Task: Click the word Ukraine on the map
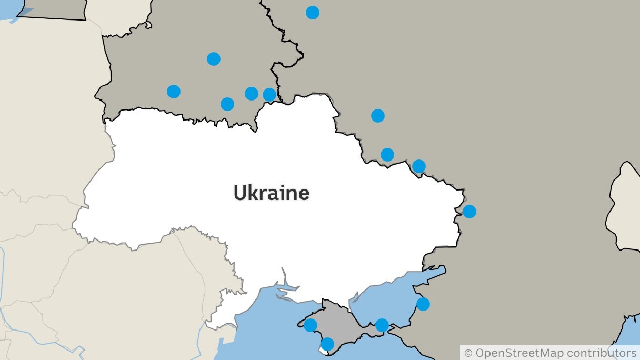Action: tap(271, 193)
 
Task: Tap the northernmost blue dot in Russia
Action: tap(313, 13)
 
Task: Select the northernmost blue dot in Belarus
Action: tap(214, 59)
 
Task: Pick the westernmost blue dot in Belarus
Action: tap(174, 92)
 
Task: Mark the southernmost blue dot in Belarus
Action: tap(227, 104)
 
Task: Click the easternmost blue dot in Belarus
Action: tap(269, 95)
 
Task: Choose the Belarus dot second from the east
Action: tap(252, 94)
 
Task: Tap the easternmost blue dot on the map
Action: tap(469, 212)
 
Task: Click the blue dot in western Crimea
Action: tap(311, 325)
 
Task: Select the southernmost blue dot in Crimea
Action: tap(327, 344)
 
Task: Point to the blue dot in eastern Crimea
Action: tap(382, 325)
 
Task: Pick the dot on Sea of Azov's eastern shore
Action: tap(423, 304)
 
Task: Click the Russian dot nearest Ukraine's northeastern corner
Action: tap(387, 155)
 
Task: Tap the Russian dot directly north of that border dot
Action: tap(378, 116)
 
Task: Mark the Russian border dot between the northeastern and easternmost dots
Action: tap(419, 166)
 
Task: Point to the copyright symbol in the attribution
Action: tap(468, 353)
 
